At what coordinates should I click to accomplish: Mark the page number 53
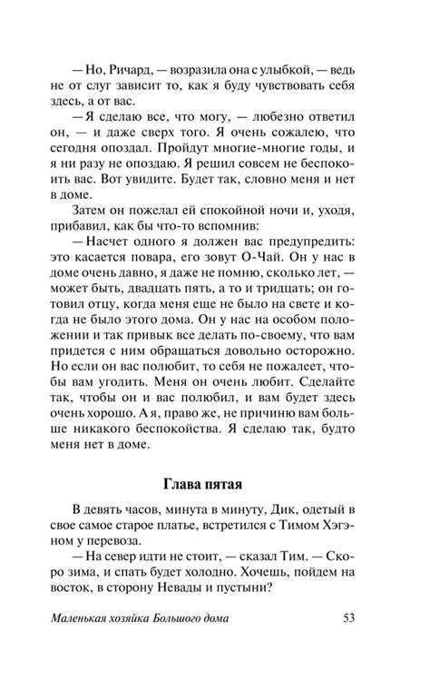pos(346,645)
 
